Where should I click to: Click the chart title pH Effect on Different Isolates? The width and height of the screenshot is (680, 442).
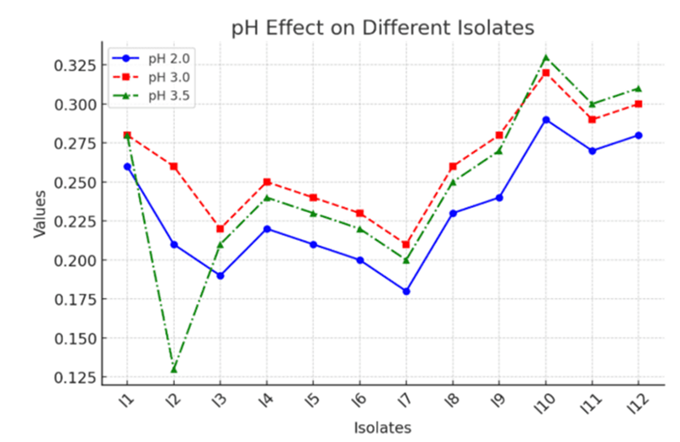click(x=383, y=28)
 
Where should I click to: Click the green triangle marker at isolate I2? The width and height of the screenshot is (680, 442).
click(x=173, y=369)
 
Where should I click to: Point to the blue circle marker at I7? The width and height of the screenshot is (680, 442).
click(x=406, y=291)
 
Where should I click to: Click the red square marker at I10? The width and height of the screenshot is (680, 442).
click(x=545, y=73)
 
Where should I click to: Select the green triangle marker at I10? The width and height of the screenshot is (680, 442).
click(x=545, y=57)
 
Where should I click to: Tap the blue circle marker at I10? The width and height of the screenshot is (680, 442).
click(x=545, y=120)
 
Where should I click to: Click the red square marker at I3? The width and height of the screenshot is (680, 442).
click(x=220, y=229)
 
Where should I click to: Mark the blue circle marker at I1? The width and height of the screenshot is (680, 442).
click(x=127, y=167)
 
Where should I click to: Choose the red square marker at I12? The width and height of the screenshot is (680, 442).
click(x=638, y=104)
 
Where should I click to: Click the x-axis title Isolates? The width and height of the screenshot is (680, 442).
click(x=382, y=428)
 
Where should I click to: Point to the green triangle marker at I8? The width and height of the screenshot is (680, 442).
click(x=453, y=182)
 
